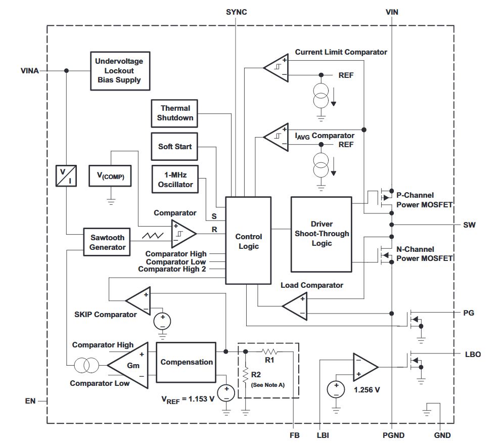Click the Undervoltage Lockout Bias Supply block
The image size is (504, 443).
click(119, 70)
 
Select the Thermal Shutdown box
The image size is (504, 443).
click(175, 113)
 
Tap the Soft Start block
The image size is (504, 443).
click(175, 147)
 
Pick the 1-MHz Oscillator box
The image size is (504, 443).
click(175, 179)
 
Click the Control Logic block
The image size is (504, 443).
click(248, 241)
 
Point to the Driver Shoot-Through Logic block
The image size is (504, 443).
click(321, 234)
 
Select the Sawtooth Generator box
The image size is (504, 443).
click(107, 242)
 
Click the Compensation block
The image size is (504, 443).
click(187, 362)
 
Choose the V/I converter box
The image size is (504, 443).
click(67, 175)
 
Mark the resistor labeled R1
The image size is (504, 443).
click(269, 351)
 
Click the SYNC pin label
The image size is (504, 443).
click(236, 12)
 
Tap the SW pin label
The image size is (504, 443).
click(469, 224)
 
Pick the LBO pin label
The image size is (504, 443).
click(472, 354)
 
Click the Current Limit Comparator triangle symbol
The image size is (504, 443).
click(276, 67)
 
